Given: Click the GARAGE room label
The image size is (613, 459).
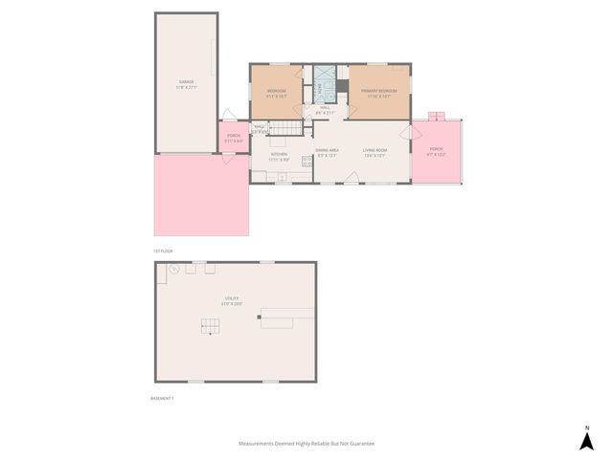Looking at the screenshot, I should (187, 83).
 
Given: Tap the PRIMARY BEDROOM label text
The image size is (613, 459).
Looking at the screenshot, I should (378, 91).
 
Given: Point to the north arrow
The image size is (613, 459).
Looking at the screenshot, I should (586, 439).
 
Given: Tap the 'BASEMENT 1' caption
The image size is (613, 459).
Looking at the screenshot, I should (162, 397).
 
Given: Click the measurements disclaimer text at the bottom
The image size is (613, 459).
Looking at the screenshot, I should (306, 444).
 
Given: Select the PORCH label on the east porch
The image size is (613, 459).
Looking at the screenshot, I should (436, 150).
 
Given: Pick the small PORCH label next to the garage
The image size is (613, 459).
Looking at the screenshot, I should (234, 137).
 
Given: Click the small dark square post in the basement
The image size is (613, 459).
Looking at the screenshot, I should (259, 317).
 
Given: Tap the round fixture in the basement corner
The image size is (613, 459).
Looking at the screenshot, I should (174, 270).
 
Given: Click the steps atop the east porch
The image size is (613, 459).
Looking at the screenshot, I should (437, 116).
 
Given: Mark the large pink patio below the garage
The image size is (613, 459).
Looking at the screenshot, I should (201, 196).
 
